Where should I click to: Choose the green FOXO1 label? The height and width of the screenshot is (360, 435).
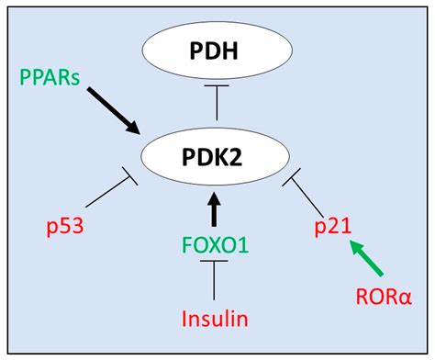[x=216, y=245]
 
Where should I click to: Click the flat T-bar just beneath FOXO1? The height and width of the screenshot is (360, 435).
[x=216, y=264]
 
